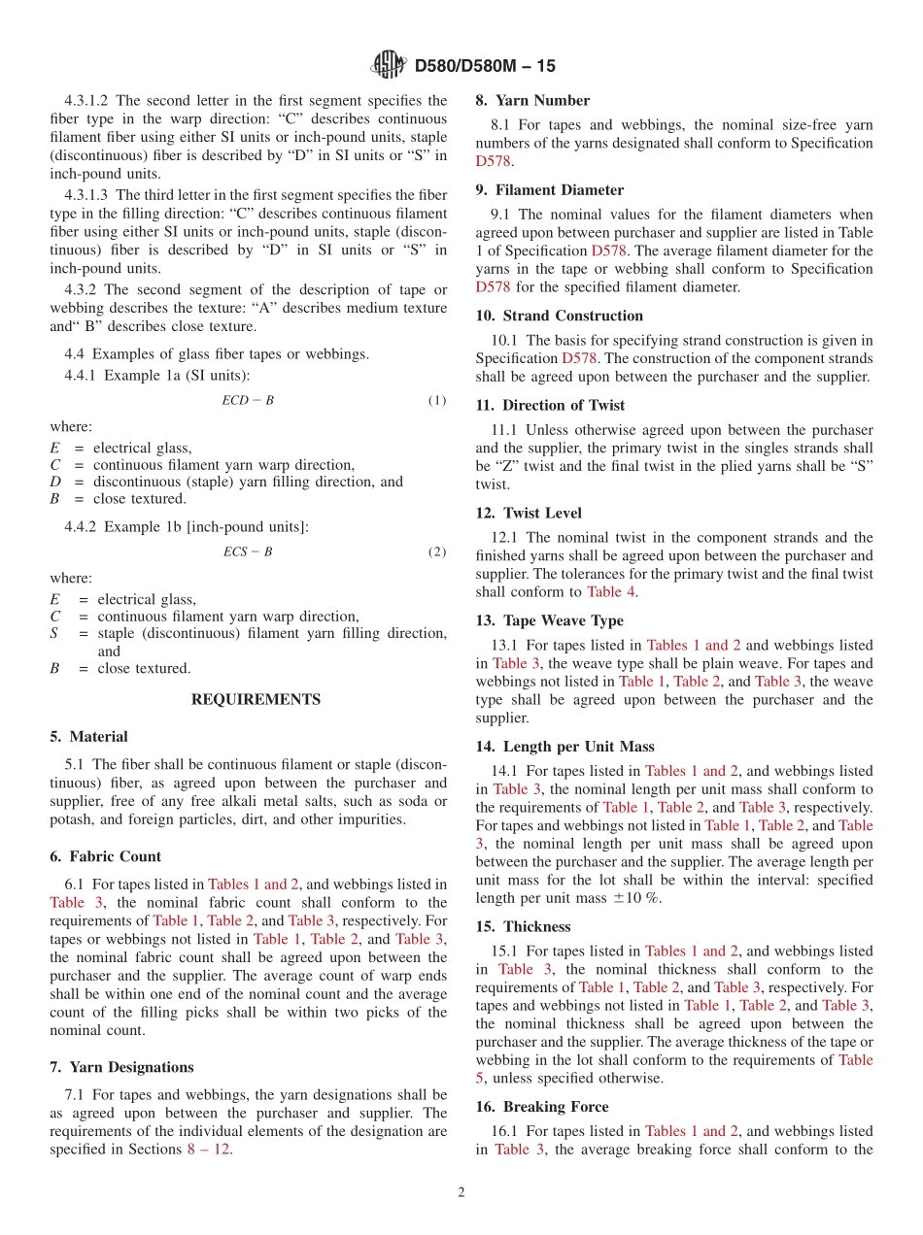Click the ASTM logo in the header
pos(389,65)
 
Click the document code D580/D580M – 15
pos(485,66)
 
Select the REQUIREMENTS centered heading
pos(256,699)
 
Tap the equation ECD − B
pos(248,400)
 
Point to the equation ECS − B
pos(248,551)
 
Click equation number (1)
pos(437,400)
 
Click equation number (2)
pos(437,551)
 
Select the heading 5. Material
pos(88,737)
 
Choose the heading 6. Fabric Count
pos(105,856)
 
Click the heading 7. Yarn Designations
pos(121,1067)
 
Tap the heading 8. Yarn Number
pos(532,100)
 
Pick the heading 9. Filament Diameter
pos(549,189)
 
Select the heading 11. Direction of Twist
pos(550,405)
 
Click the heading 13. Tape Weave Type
pos(549,620)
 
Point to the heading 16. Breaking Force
pos(542,1107)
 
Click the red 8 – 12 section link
pos(208,1150)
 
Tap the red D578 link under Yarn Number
pos(493,161)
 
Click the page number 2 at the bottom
pos(461,1192)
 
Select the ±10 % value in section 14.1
pos(635,898)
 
